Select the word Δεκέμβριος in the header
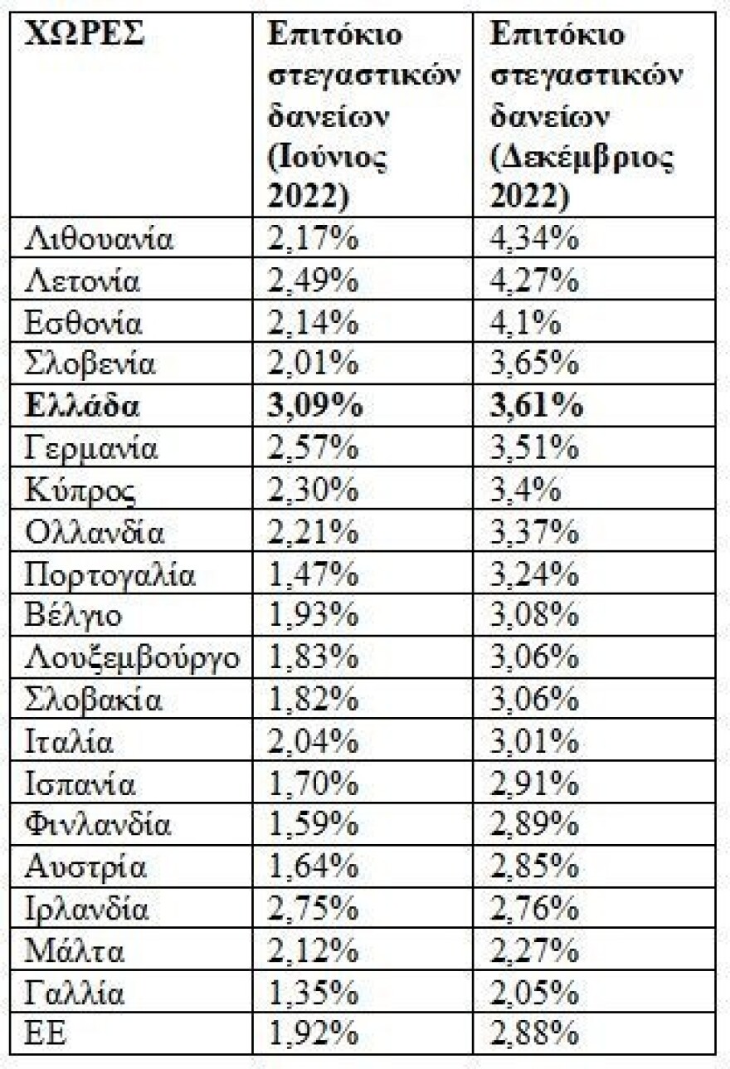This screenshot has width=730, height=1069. pyautogui.click(x=582, y=157)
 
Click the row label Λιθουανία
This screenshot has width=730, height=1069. pyautogui.click(x=99, y=239)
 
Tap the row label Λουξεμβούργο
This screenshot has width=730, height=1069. pyautogui.click(x=133, y=657)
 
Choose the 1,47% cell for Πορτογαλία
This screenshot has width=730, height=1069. pyautogui.click(x=312, y=574)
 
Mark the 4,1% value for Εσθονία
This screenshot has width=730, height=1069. pyautogui.click(x=524, y=323)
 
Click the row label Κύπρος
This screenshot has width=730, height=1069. pyautogui.click(x=80, y=491)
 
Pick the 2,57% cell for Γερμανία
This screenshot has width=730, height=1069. pyautogui.click(x=312, y=449)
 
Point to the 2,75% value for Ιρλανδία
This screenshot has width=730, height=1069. pyautogui.click(x=312, y=909)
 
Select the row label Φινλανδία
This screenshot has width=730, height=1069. pyautogui.click(x=98, y=825)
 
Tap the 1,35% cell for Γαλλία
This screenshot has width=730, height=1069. pyautogui.click(x=312, y=993)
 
